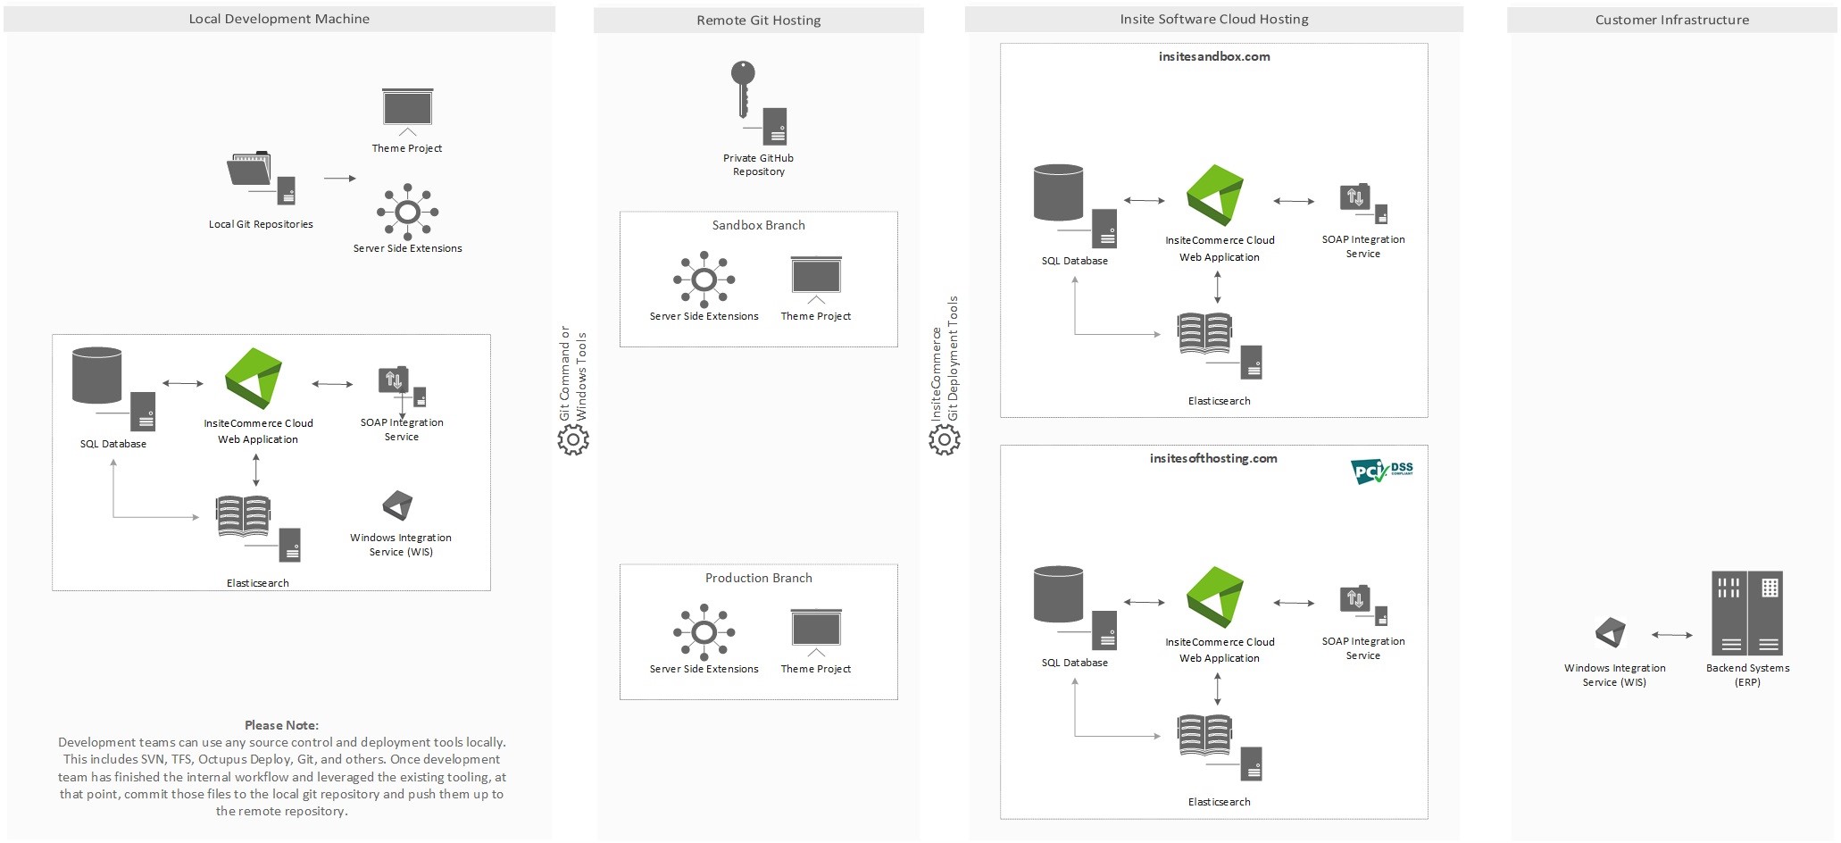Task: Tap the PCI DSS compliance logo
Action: pyautogui.click(x=1381, y=471)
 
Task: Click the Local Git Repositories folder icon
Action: pyautogui.click(x=250, y=169)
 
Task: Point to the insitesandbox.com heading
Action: pyautogui.click(x=1213, y=56)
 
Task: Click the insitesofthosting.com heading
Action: pyautogui.click(x=1212, y=458)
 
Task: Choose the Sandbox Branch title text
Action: pyautogui.click(x=758, y=225)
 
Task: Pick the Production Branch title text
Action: pyautogui.click(x=758, y=578)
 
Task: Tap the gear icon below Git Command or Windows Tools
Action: pyautogui.click(x=573, y=439)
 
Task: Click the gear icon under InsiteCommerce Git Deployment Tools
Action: pyautogui.click(x=944, y=439)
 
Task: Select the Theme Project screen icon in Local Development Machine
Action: pyautogui.click(x=407, y=109)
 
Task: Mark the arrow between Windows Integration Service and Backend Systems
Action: pyautogui.click(x=1671, y=635)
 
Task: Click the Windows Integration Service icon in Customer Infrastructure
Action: pyautogui.click(x=1611, y=633)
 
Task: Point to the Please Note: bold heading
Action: pyautogui.click(x=281, y=725)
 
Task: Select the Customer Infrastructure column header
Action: pyautogui.click(x=1671, y=20)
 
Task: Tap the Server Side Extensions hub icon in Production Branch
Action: pyautogui.click(x=704, y=632)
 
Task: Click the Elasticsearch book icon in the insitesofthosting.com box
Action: pyautogui.click(x=1204, y=734)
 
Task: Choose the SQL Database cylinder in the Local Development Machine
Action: pyautogui.click(x=97, y=375)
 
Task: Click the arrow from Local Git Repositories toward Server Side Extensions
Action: pyautogui.click(x=339, y=179)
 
